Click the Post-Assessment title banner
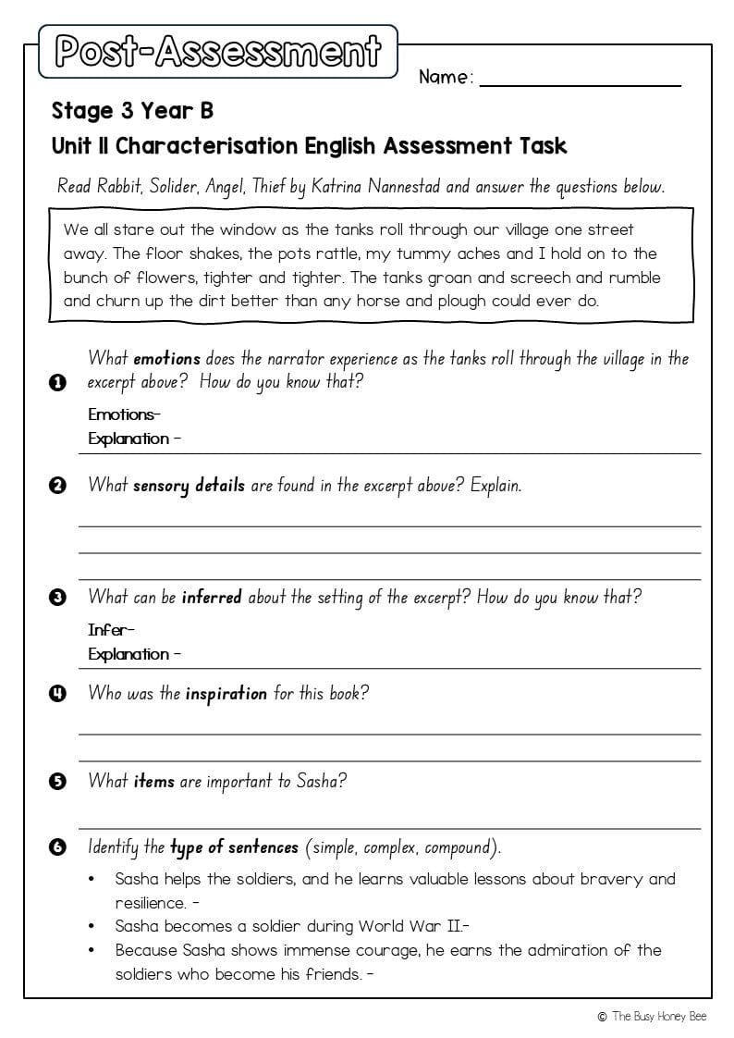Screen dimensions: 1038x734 (217, 52)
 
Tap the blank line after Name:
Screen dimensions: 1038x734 (580, 81)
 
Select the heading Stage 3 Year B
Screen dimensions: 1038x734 (132, 111)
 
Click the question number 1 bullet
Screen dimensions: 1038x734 (58, 382)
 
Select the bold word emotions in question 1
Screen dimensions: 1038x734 (166, 358)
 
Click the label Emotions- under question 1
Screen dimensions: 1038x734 (124, 414)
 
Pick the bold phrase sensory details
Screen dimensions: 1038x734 (189, 485)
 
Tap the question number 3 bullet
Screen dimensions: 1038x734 (58, 598)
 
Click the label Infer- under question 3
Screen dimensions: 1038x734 (111, 629)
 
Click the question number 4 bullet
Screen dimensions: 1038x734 (58, 693)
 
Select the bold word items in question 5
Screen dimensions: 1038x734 (153, 781)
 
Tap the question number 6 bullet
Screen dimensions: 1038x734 (58, 847)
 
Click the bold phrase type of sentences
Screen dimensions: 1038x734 (234, 847)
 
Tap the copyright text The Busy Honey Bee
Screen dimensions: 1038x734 (658, 1016)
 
